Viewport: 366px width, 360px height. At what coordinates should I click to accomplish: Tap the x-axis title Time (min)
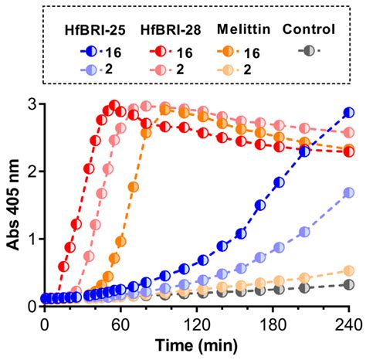pos(197,344)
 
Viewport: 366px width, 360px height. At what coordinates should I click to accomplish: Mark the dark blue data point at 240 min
pos(349,113)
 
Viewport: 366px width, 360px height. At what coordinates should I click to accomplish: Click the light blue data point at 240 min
pos(349,192)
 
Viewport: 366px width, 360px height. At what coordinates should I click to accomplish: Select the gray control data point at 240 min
pos(349,285)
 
